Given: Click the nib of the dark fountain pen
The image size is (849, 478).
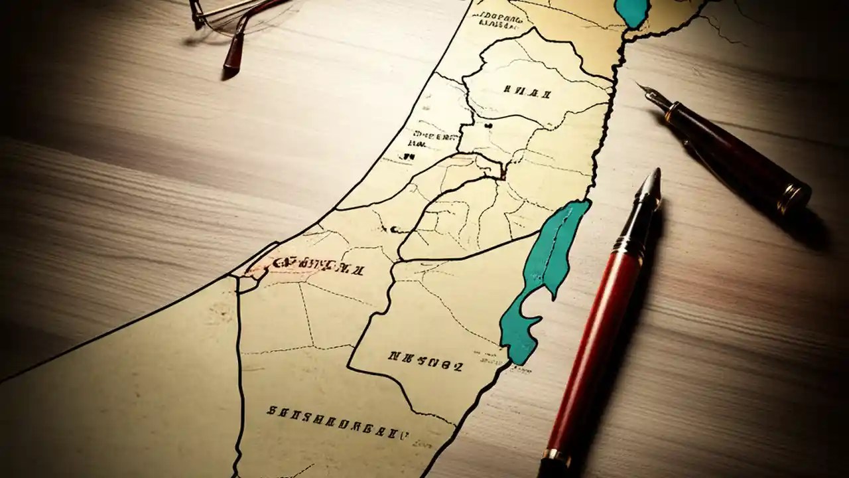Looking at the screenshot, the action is [x=648, y=92].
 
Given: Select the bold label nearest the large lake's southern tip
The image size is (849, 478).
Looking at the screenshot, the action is [x=424, y=360].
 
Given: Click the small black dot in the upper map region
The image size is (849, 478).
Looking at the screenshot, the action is [x=488, y=124].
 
